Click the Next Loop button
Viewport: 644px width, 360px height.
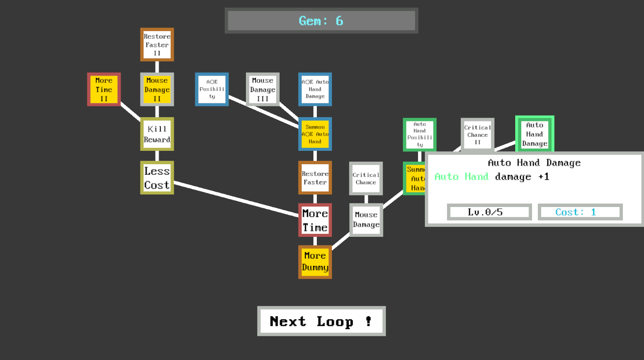321,321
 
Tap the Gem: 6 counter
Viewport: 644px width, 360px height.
321,20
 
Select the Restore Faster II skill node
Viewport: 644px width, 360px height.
157,45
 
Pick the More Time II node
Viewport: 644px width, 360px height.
104,89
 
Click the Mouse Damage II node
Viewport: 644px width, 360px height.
157,89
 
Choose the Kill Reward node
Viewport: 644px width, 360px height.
157,134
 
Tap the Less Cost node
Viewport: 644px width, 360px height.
157,178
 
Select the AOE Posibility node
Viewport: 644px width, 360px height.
212,89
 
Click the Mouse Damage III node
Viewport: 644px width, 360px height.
262,89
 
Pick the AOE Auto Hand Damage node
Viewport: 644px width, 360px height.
315,89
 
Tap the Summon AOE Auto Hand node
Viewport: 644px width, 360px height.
315,134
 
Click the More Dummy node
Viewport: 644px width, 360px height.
315,262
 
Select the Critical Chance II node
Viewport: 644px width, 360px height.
477,134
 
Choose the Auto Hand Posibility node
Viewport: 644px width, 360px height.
419,134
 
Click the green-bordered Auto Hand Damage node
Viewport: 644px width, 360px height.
535,134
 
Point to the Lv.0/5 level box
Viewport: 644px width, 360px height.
489,212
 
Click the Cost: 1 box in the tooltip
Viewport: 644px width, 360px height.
580,212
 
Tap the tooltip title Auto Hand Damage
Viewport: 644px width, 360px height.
534,163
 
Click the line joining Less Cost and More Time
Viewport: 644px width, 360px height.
236,198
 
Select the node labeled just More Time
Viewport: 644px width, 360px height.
315,220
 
